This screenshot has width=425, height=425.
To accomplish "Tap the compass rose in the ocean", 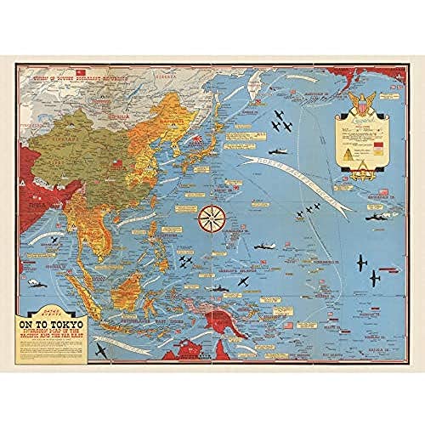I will [210, 219].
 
